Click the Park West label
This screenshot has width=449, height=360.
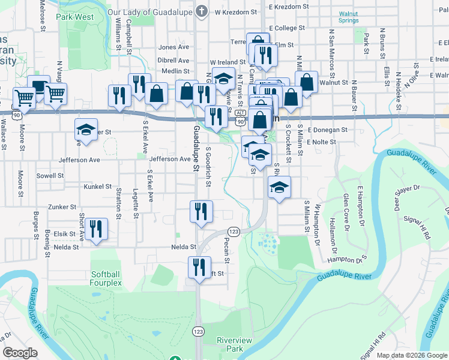click(x=75, y=17)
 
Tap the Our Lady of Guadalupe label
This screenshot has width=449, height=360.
click(x=151, y=11)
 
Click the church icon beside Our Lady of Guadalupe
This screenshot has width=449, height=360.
click(x=202, y=11)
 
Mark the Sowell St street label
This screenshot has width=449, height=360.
click(x=50, y=176)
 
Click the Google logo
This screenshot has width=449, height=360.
click(x=20, y=353)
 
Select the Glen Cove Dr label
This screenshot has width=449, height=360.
click(x=346, y=212)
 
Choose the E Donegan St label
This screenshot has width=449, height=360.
click(x=327, y=130)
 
